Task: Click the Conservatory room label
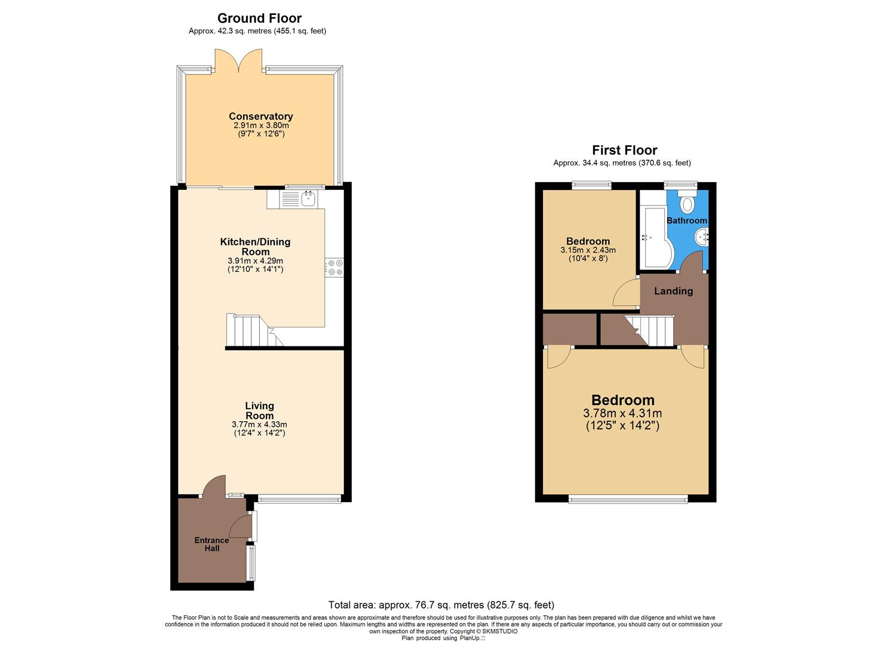[x=260, y=116]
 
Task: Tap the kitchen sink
[x=309, y=199]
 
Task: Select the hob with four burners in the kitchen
[x=334, y=267]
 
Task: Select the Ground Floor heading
[x=259, y=18]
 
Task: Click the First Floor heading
[x=624, y=150]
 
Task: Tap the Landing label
[x=673, y=291]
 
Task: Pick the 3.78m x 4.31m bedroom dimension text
[x=622, y=413]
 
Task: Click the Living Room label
[x=259, y=411]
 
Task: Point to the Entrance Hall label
[x=211, y=544]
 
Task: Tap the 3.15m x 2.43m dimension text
[x=588, y=250]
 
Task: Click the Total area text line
[x=441, y=605]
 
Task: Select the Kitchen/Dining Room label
[x=255, y=247]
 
